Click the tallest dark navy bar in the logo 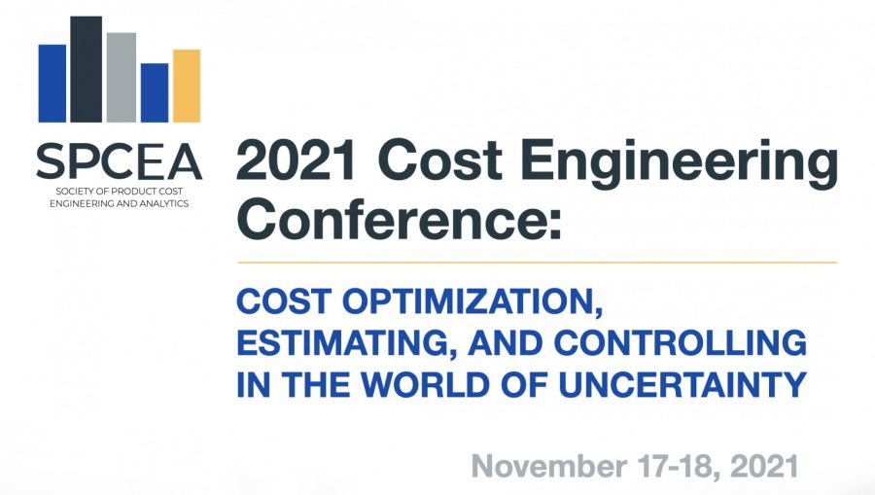(x=86, y=69)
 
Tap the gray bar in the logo (x=122, y=78)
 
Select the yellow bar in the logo (x=187, y=86)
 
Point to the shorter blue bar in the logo (x=155, y=92)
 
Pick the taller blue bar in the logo (x=52, y=84)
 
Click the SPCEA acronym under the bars (x=119, y=161)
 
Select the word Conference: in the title (x=400, y=220)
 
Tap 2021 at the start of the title (x=297, y=160)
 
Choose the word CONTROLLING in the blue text (x=680, y=342)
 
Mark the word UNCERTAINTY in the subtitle (x=682, y=384)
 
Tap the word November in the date (x=549, y=466)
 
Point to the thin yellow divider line (x=537, y=262)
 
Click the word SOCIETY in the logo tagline (x=73, y=192)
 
